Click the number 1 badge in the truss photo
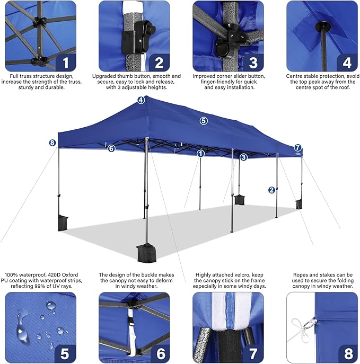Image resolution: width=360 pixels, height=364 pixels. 66,63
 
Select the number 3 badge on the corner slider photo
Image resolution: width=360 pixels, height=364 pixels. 253,63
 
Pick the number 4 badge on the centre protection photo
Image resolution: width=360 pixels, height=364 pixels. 347,63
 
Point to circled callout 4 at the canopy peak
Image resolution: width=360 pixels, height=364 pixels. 141,100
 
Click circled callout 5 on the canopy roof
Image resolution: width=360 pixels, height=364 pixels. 204,121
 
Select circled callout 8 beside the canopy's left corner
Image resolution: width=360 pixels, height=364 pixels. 52,143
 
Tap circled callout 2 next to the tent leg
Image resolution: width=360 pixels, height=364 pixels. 271,190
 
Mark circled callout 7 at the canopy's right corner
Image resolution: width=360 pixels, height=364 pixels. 297,148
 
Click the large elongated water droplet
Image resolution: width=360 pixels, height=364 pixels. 22,327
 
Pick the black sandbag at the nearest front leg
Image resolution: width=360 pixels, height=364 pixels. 144,253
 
